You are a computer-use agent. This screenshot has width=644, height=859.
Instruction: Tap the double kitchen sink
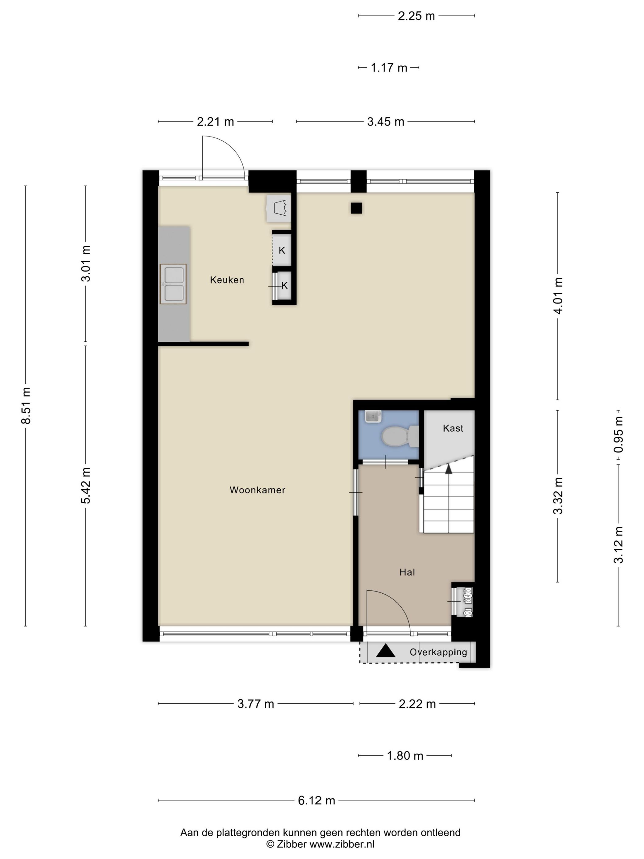click(x=173, y=284)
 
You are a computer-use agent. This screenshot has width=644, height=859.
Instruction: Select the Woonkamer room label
click(x=257, y=490)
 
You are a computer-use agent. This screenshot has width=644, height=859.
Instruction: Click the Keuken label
click(x=227, y=280)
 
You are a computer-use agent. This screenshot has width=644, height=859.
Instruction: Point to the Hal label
click(x=407, y=572)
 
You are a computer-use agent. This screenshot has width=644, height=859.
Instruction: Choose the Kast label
click(x=453, y=428)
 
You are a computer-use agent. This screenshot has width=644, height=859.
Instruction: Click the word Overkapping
click(x=438, y=652)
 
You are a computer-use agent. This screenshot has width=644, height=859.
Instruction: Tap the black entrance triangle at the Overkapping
click(x=386, y=651)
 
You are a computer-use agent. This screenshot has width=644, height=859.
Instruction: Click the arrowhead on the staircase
click(x=449, y=469)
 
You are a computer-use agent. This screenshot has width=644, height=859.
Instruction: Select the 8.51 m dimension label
click(x=26, y=406)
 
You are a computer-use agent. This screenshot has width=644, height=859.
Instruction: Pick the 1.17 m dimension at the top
click(x=389, y=68)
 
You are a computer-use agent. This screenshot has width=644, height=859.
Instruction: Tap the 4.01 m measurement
click(x=558, y=296)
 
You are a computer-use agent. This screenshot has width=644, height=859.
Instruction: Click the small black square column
click(x=356, y=208)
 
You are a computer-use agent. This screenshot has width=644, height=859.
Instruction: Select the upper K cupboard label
click(x=282, y=250)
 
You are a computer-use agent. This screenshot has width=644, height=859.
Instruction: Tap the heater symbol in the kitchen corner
click(x=279, y=209)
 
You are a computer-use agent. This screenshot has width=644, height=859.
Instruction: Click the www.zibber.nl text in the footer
click(x=342, y=844)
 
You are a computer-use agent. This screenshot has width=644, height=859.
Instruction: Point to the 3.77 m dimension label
click(x=256, y=704)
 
